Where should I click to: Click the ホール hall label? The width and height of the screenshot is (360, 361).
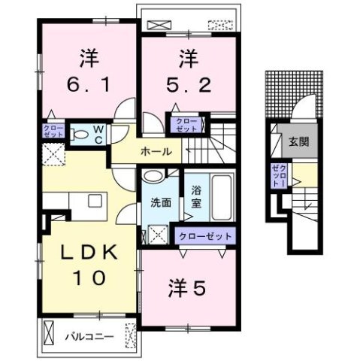click(156, 152)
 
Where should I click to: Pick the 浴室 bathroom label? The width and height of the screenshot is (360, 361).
click(196, 196)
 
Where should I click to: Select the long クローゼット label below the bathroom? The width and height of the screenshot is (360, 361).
click(205, 236)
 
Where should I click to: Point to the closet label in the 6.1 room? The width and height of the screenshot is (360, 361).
click(49, 130)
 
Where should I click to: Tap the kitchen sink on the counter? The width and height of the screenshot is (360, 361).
click(95, 201)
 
